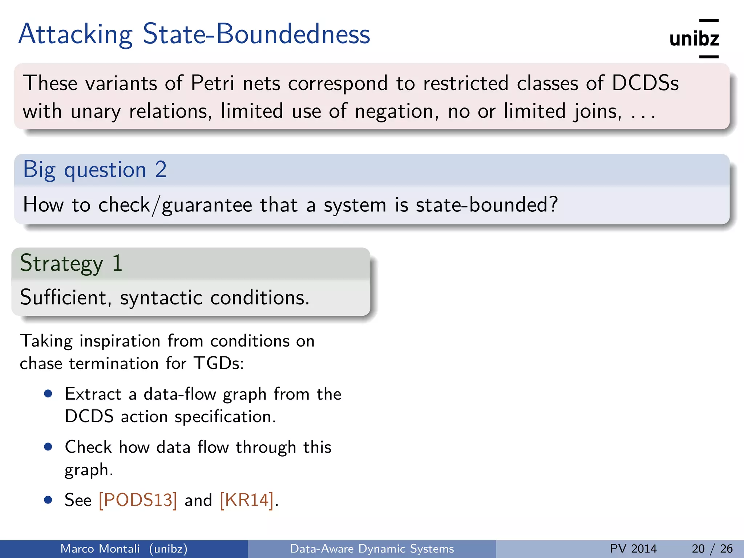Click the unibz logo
694,39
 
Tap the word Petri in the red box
213,83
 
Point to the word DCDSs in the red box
645,83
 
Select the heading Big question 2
95,169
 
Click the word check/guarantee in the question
175,205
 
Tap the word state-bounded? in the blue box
486,205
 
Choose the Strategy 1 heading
71,263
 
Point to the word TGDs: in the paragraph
218,363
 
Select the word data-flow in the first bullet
180,394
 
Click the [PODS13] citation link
138,500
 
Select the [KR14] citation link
247,500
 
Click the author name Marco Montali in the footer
100,549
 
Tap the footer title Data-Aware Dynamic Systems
372,549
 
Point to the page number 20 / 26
712,549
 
